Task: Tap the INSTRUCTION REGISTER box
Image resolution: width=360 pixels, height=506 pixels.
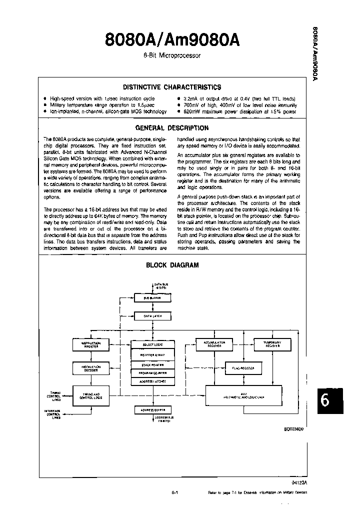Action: [x=91, y=344]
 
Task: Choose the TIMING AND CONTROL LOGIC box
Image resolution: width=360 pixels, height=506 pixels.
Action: [x=91, y=396]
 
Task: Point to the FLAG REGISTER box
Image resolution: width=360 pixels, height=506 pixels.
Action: [x=243, y=368]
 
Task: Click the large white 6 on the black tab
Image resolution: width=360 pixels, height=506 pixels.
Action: [x=325, y=400]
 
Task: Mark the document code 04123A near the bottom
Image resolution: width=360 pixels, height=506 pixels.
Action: [x=298, y=483]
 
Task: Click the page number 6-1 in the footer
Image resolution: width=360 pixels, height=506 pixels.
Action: [x=175, y=492]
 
